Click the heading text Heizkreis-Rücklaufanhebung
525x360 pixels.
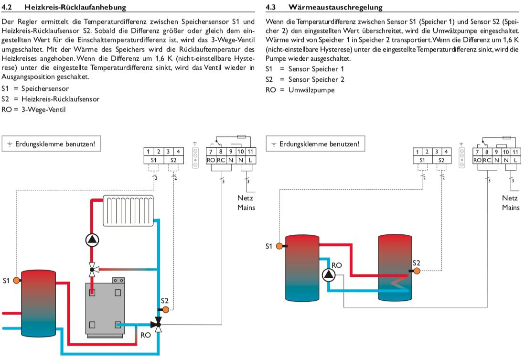point(79,7)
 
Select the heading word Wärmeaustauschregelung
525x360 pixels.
point(335,7)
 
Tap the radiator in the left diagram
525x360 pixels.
point(129,210)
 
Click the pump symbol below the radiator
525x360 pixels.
point(92,240)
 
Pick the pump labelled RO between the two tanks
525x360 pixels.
point(329,274)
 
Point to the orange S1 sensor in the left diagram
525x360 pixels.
point(17,280)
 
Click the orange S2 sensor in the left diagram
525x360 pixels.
point(166,309)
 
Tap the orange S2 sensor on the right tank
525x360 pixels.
point(416,271)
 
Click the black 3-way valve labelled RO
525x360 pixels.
point(159,325)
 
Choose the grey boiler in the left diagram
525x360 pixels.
point(105,306)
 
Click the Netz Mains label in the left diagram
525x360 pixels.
point(246,203)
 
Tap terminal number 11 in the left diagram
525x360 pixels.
point(251,151)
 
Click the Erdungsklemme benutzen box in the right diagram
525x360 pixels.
point(316,144)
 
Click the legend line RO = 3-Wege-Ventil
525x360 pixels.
point(33,109)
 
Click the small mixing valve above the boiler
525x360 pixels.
point(92,270)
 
